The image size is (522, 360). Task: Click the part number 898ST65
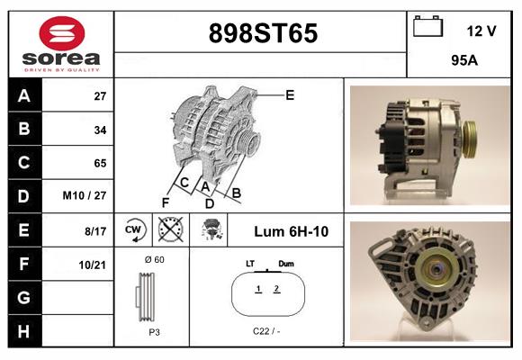click(x=263, y=34)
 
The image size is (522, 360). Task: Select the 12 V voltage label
click(x=481, y=31)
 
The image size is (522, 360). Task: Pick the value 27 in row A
click(x=100, y=96)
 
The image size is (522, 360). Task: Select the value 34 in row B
click(x=100, y=130)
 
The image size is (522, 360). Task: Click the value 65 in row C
click(x=100, y=163)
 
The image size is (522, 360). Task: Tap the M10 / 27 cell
click(x=86, y=196)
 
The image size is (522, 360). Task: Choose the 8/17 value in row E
click(x=94, y=230)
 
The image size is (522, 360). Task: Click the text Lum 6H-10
click(x=291, y=231)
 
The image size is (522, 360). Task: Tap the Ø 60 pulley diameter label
click(x=154, y=259)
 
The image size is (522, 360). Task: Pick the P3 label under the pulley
click(x=154, y=331)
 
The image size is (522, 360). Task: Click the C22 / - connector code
click(x=266, y=331)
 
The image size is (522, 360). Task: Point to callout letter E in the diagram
click(x=290, y=94)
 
